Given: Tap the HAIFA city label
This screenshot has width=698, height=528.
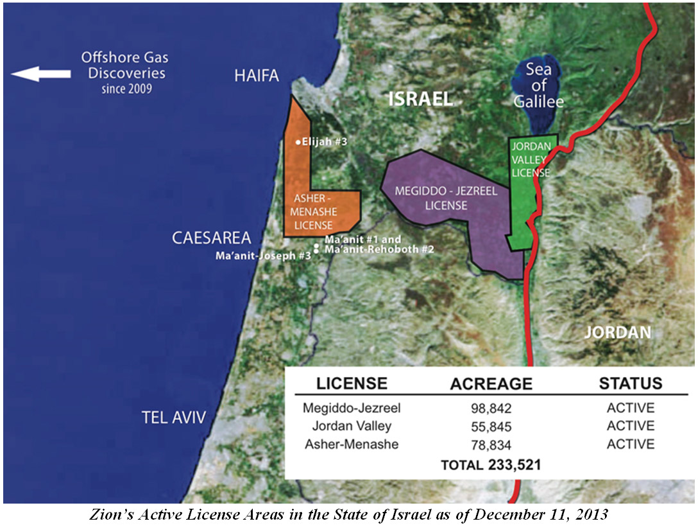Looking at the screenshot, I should tap(255, 76).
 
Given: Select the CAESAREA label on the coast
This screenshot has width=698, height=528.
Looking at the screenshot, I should tap(211, 238).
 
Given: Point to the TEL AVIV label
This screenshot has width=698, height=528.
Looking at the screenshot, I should tap(174, 418).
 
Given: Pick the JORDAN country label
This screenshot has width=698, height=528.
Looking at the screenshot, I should tap(618, 333).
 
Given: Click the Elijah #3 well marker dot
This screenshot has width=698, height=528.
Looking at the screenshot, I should tap(297, 143).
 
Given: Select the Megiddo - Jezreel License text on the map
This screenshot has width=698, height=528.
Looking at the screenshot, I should tap(430, 198).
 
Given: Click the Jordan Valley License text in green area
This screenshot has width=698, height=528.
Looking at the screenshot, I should tap(530, 159).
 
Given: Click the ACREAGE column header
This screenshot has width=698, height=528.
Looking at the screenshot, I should tap(491, 384).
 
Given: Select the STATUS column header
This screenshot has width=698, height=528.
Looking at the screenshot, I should tap(630, 383).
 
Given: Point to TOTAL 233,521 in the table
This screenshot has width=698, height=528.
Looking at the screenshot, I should tap(491, 464).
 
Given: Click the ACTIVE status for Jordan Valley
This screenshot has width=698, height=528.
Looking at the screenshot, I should tap(630, 427).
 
